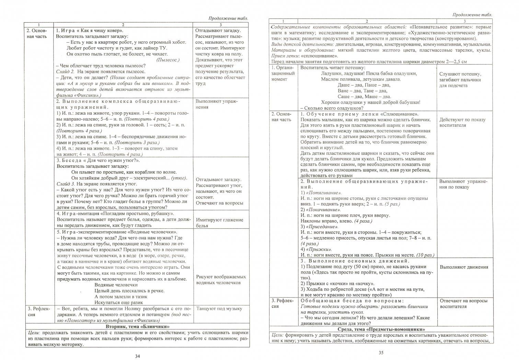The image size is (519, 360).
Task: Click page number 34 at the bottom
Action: pyautogui.click(x=137, y=356)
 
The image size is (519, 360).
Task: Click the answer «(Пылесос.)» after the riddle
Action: pyautogui.click(x=168, y=60)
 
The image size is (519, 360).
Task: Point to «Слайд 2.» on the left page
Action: pyautogui.click(x=65, y=72)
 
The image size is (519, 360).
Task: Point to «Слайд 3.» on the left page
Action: pyautogui.click(x=65, y=184)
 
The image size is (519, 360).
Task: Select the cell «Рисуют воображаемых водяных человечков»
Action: pyautogui.click(x=221, y=280)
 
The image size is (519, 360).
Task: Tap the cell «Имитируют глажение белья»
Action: pyautogui.click(x=219, y=223)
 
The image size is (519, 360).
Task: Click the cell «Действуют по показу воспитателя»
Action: pyautogui.click(x=462, y=123)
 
